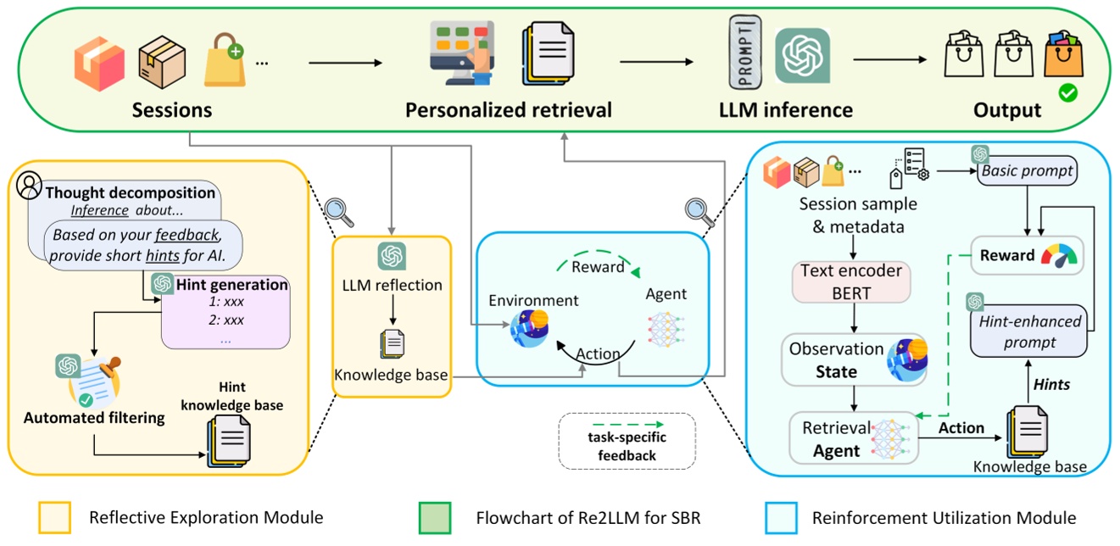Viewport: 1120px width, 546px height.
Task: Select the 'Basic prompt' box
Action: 1027,171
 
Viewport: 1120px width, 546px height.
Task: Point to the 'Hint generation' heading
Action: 231,286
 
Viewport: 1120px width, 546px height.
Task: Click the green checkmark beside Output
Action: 1068,93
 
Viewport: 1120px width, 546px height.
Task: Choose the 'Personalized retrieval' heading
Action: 509,110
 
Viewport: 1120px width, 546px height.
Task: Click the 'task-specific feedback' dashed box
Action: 627,442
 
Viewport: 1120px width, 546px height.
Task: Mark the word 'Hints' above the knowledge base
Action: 1050,384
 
